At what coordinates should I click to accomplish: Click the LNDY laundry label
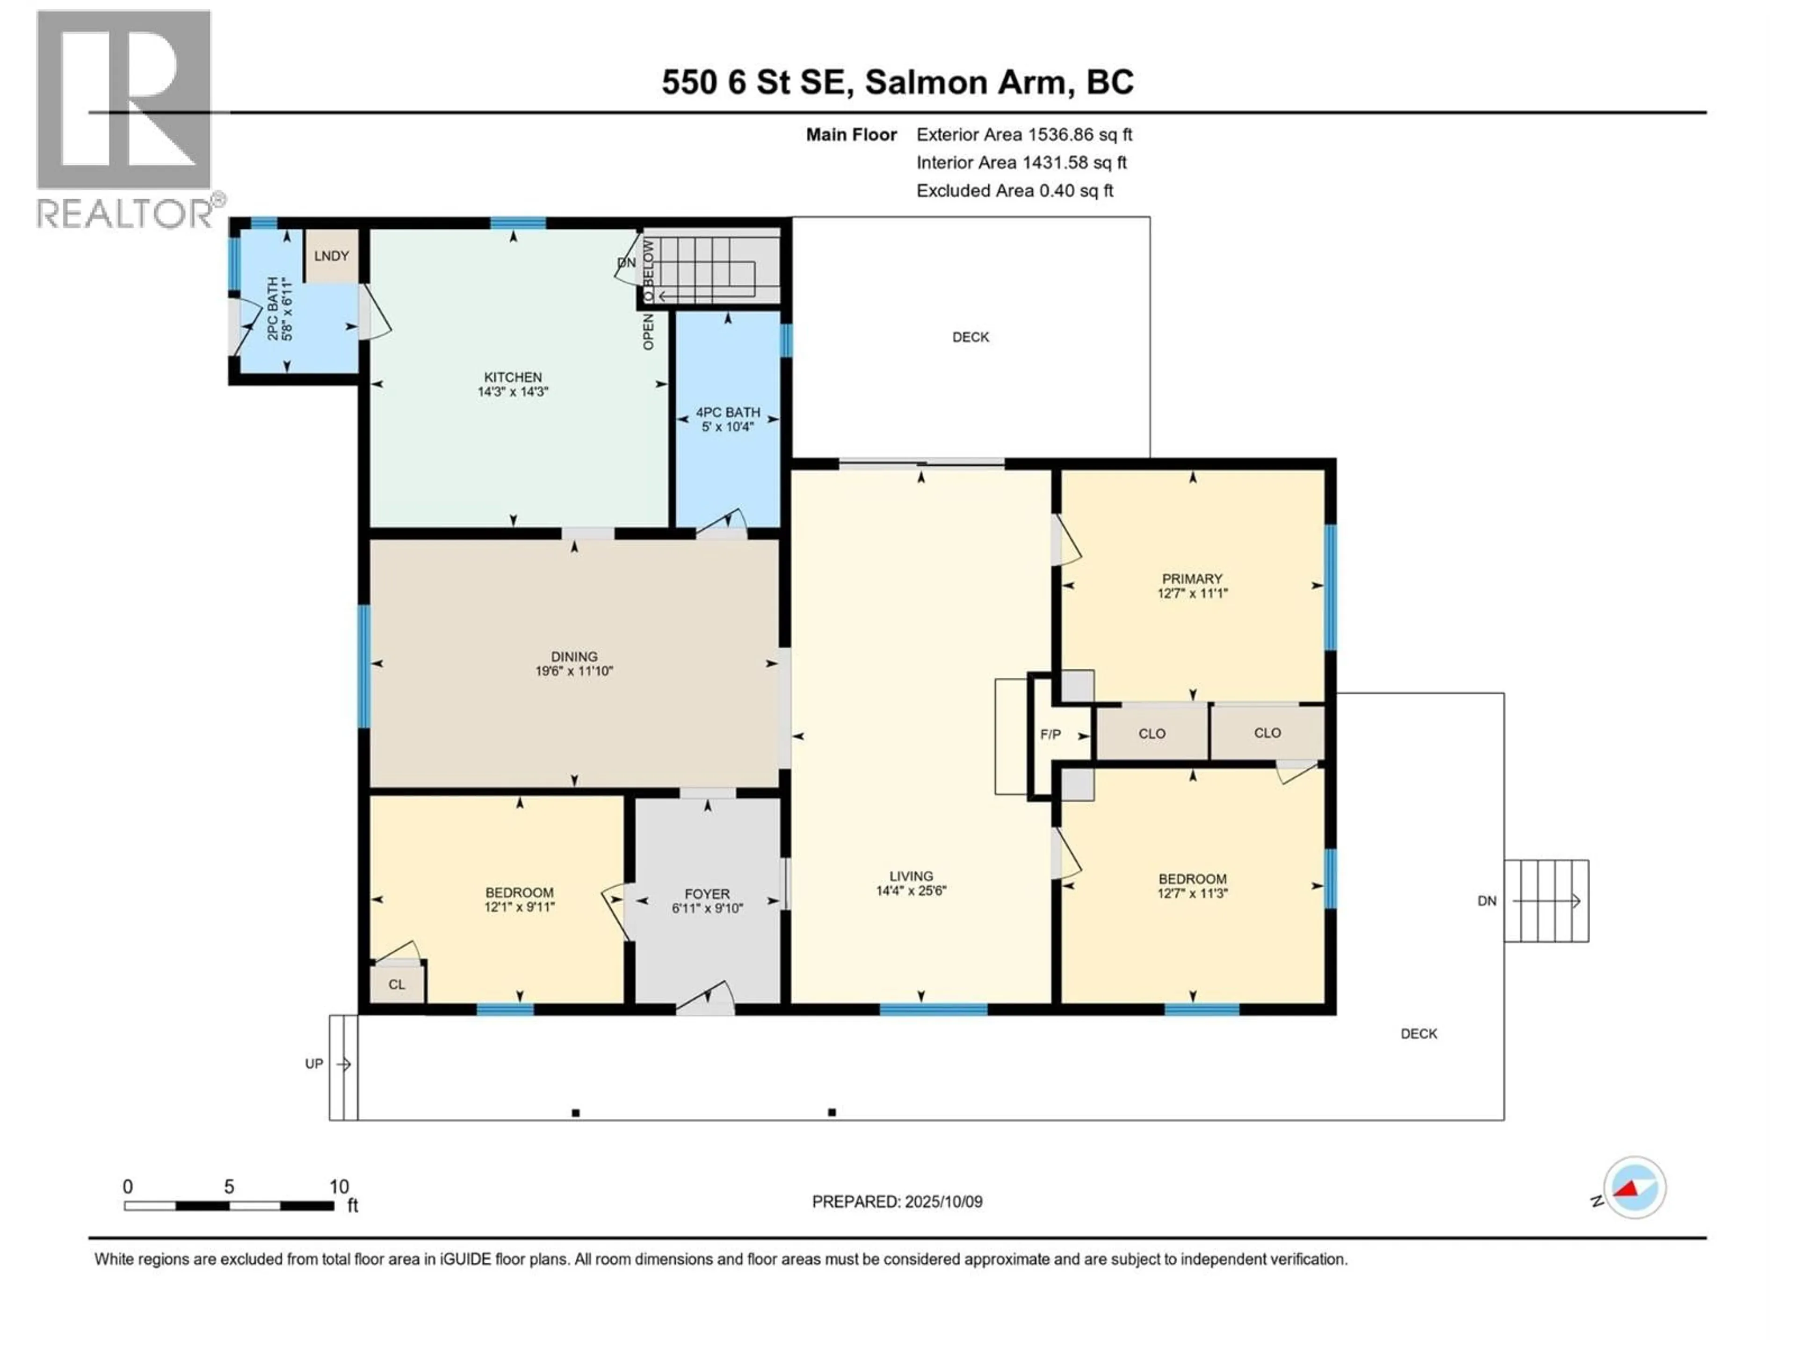click(x=331, y=256)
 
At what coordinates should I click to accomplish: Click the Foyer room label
click(x=707, y=894)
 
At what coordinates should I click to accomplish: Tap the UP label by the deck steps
click(x=314, y=1064)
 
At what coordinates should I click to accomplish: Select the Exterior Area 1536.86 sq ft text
click(x=1024, y=135)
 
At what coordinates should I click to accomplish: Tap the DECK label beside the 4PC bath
click(x=971, y=337)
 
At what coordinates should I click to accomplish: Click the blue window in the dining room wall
click(x=364, y=666)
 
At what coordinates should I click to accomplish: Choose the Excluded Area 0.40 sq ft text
click(x=1015, y=191)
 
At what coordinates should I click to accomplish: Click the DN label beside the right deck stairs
click(x=1487, y=900)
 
